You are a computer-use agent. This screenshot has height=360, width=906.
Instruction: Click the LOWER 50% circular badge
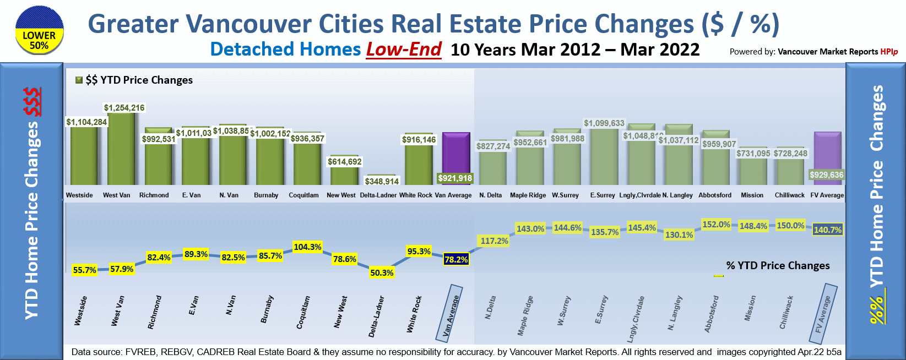[x=39, y=30]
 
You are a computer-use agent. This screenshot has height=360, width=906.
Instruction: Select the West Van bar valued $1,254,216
[x=121, y=149]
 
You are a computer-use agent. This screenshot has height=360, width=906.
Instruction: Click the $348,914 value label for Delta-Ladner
[x=382, y=181]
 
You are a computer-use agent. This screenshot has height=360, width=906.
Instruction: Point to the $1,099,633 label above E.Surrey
[x=604, y=123]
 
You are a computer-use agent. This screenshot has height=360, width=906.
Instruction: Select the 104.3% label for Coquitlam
[x=307, y=247]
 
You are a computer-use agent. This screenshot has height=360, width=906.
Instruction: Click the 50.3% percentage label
[x=382, y=272]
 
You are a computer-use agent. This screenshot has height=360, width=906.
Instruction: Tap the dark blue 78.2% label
[x=456, y=259]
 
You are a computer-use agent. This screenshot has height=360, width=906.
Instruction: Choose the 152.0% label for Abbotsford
[x=716, y=225]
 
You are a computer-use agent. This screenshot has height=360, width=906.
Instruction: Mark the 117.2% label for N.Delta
[x=494, y=241]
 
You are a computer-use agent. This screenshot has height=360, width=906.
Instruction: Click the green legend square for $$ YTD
[x=79, y=80]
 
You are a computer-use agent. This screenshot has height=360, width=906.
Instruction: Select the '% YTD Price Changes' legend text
[x=778, y=265]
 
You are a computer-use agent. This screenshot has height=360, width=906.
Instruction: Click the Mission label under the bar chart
[x=752, y=195]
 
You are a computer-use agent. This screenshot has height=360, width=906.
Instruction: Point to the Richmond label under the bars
[x=154, y=195]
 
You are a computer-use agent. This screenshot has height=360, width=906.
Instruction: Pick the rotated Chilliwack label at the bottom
[x=786, y=312]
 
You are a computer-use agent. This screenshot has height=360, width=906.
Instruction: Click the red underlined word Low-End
[x=404, y=50]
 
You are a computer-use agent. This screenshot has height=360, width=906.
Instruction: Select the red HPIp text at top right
[x=889, y=52]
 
